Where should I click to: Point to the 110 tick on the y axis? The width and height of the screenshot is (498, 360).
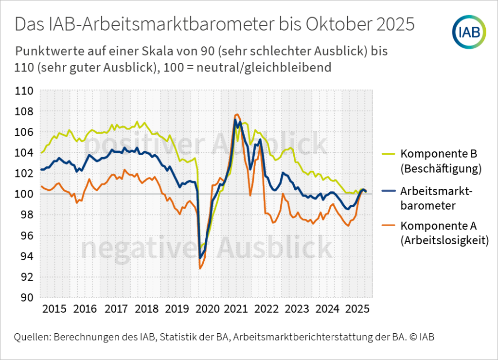click(24, 91)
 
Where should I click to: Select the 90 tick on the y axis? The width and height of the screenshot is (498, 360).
click(27, 298)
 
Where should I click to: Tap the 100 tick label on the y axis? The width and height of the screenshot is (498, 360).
click(24, 195)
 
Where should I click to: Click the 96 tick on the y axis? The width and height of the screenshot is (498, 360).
click(27, 236)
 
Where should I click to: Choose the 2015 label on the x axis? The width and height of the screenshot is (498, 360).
click(54, 309)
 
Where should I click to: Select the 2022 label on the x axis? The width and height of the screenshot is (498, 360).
click(267, 309)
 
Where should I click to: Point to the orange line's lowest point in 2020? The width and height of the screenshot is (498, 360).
click(200, 268)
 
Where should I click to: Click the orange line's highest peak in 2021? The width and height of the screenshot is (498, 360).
click(237, 114)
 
